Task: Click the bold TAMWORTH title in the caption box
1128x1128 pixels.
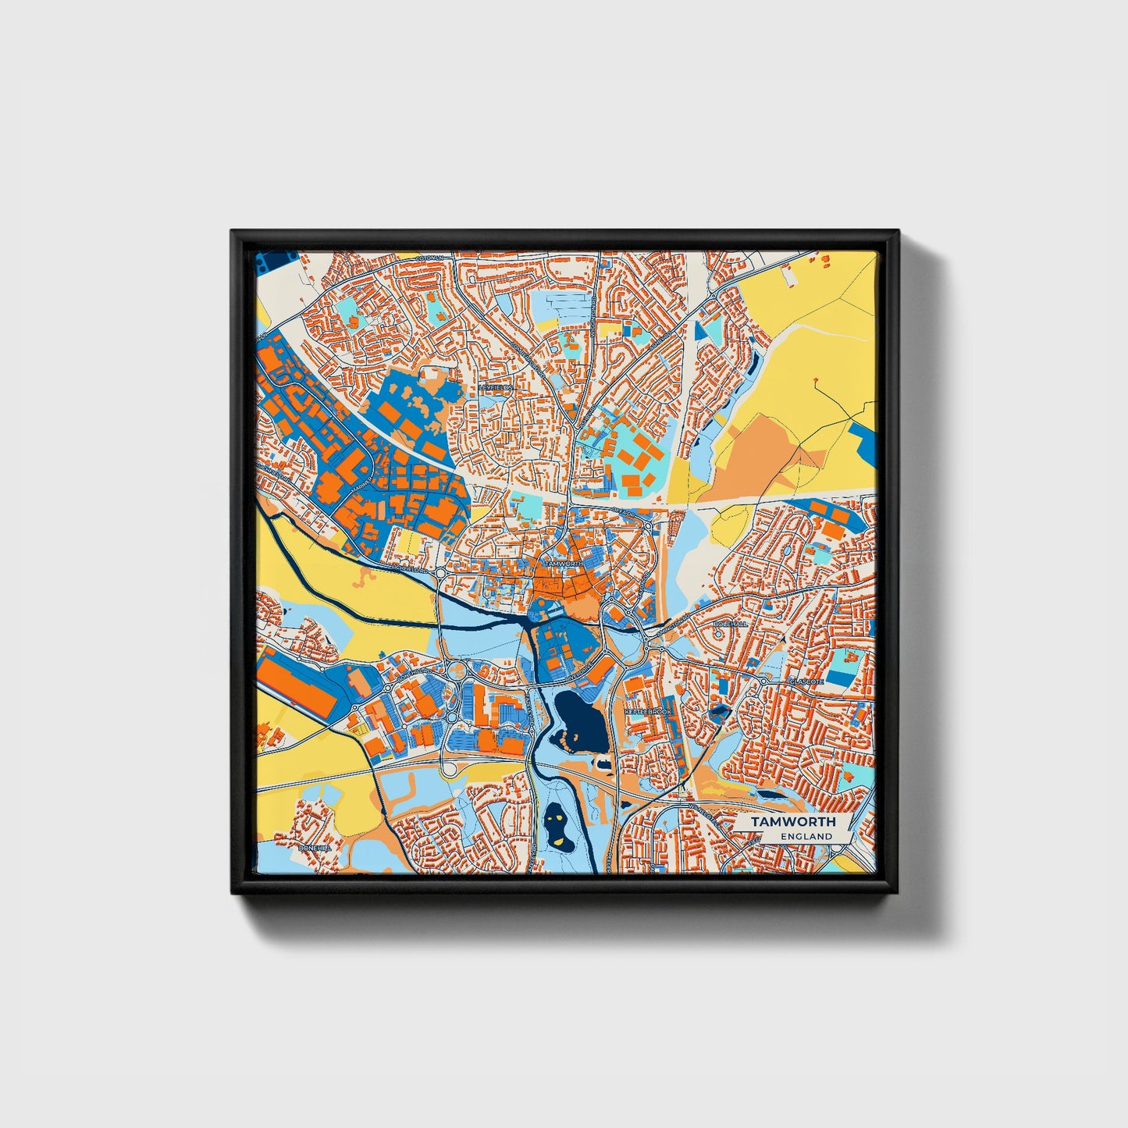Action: click(793, 822)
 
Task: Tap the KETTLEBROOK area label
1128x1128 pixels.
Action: click(648, 713)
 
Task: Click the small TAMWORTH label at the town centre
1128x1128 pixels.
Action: click(563, 563)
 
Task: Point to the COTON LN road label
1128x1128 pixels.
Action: click(429, 258)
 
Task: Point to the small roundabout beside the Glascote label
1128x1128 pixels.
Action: click(763, 681)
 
